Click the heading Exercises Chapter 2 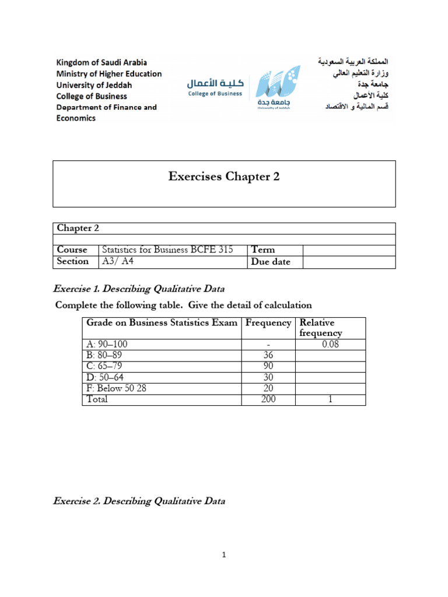point(224,177)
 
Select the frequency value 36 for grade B point(268,355)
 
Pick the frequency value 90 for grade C point(268,366)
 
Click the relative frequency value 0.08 point(330,345)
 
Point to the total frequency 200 point(268,399)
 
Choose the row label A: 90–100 point(107,345)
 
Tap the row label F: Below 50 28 point(117,388)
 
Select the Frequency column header point(268,323)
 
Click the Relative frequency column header point(320,328)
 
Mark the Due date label point(270,262)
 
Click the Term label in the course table point(262,250)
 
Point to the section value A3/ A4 point(118,262)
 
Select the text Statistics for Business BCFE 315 point(167,250)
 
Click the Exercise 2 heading point(139,501)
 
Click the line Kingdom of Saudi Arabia point(101,62)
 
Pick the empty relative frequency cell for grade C point(330,366)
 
